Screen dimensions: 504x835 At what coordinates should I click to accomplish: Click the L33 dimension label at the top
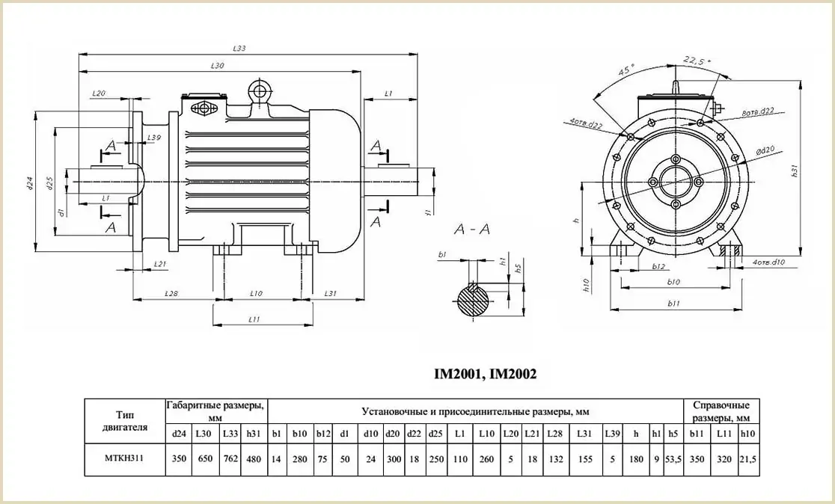[x=239, y=49]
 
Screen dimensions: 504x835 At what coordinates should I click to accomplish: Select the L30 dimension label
[x=218, y=67]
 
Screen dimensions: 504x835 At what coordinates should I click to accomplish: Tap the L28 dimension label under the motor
[x=171, y=294]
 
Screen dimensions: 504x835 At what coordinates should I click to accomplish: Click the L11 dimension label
[x=254, y=320]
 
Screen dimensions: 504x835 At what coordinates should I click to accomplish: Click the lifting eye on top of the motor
[x=260, y=91]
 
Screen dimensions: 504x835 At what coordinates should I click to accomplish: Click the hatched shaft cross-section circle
[x=473, y=299]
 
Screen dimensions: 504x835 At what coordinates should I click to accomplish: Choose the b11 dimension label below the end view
[x=673, y=304]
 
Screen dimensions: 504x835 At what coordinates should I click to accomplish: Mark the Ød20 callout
[x=764, y=151]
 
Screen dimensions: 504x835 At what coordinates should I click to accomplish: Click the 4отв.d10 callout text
[x=768, y=262]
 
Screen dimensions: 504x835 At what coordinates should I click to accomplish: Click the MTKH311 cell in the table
[x=123, y=458]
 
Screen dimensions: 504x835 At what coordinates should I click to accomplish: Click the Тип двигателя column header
[x=123, y=421]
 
